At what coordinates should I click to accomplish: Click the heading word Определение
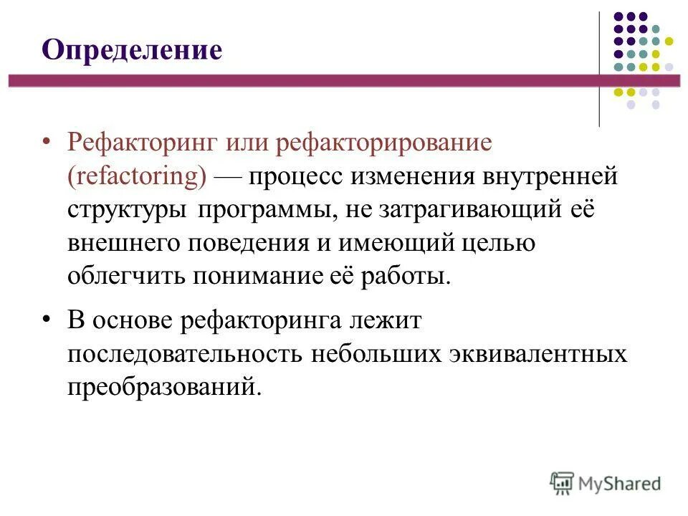click(132, 51)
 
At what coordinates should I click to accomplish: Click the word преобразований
click(161, 388)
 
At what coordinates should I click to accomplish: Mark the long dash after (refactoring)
click(229, 176)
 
